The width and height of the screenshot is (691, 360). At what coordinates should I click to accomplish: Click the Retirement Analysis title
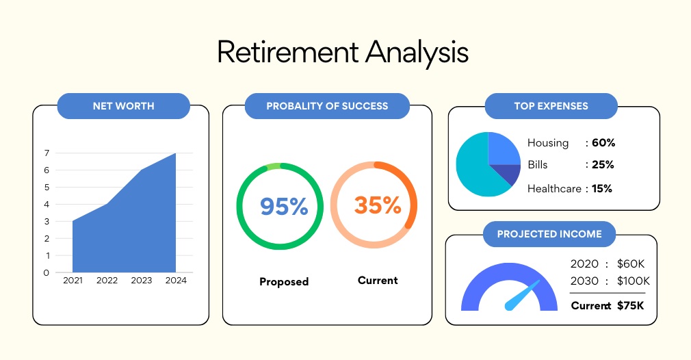tap(342, 53)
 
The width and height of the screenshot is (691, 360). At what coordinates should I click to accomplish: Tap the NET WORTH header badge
tap(123, 106)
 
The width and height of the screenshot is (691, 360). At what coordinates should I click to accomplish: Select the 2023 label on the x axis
tap(141, 280)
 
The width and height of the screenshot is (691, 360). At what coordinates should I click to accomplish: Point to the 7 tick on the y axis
tap(47, 153)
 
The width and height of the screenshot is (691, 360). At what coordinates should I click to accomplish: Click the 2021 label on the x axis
tap(73, 280)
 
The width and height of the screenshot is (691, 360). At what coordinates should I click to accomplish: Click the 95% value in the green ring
tap(284, 206)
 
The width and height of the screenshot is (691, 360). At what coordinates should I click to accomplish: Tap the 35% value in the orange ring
tap(378, 205)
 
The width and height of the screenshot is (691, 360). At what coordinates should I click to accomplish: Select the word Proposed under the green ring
tap(284, 281)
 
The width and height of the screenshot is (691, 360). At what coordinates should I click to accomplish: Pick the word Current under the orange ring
tap(378, 280)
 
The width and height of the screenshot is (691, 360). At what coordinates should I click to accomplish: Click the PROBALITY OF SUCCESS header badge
tap(327, 106)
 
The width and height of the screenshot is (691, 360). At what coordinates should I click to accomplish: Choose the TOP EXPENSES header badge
tap(551, 106)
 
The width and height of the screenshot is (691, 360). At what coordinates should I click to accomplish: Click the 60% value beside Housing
tap(603, 143)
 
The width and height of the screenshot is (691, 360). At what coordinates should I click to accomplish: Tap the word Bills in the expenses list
tap(538, 165)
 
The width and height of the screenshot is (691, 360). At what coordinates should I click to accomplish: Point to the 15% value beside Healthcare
tap(602, 189)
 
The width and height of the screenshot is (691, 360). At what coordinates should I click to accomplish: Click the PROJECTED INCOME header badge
tap(549, 234)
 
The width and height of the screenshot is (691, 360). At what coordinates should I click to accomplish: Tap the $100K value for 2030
tap(634, 281)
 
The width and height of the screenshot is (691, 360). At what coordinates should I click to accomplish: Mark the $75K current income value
tap(630, 305)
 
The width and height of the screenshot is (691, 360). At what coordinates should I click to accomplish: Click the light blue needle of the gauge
tap(522, 295)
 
